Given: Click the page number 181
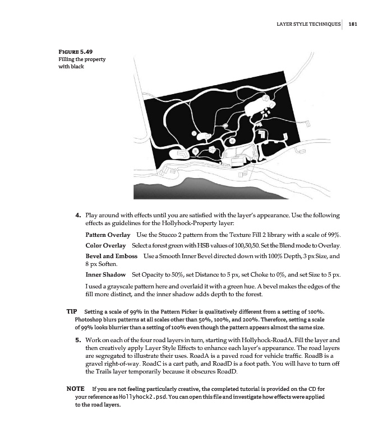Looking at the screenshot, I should (x=352, y=25).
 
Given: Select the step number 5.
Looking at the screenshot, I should (x=79, y=340).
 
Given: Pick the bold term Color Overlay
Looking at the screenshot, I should (x=105, y=246).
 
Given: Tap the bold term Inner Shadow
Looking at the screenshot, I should (x=105, y=275).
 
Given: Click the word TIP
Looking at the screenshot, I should (x=71, y=310).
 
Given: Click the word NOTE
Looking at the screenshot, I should (x=75, y=388).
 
